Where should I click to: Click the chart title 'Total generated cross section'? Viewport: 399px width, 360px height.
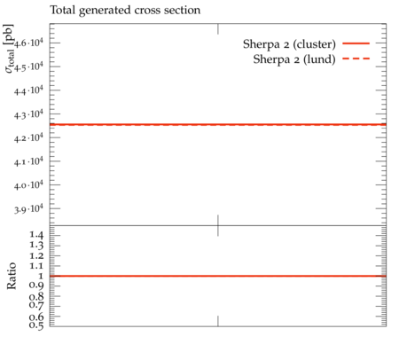[125, 11]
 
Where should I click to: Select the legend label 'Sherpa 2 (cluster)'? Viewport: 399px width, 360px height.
[289, 44]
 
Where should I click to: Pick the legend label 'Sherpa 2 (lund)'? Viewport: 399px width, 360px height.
[294, 59]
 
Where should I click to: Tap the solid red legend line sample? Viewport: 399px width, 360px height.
[356, 43]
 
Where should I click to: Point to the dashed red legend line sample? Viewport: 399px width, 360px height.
[356, 59]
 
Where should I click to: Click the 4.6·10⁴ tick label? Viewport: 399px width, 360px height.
[28, 43]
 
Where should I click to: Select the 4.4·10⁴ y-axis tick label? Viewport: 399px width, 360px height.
[28, 90]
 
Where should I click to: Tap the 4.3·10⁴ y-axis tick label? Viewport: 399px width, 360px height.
[28, 114]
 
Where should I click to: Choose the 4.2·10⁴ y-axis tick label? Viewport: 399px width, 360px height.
[28, 137]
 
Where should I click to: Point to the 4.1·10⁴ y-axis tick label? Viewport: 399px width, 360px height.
[28, 161]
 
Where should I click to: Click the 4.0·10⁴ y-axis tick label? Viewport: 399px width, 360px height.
[28, 185]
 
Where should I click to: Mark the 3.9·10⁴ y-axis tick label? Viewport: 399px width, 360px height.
[28, 208]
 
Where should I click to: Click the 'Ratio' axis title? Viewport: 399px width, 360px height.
[12, 276]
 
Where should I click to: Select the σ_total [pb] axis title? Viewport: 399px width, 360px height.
[9, 49]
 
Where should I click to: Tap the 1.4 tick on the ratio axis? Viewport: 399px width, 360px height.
[36, 235]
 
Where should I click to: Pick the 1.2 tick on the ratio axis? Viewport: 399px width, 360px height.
[36, 255]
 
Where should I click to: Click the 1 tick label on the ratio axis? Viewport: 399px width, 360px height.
[41, 276]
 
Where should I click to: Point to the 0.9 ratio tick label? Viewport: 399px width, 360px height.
[36, 286]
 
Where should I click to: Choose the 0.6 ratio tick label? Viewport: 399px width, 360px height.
[36, 317]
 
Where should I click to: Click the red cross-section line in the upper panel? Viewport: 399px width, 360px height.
[218, 125]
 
